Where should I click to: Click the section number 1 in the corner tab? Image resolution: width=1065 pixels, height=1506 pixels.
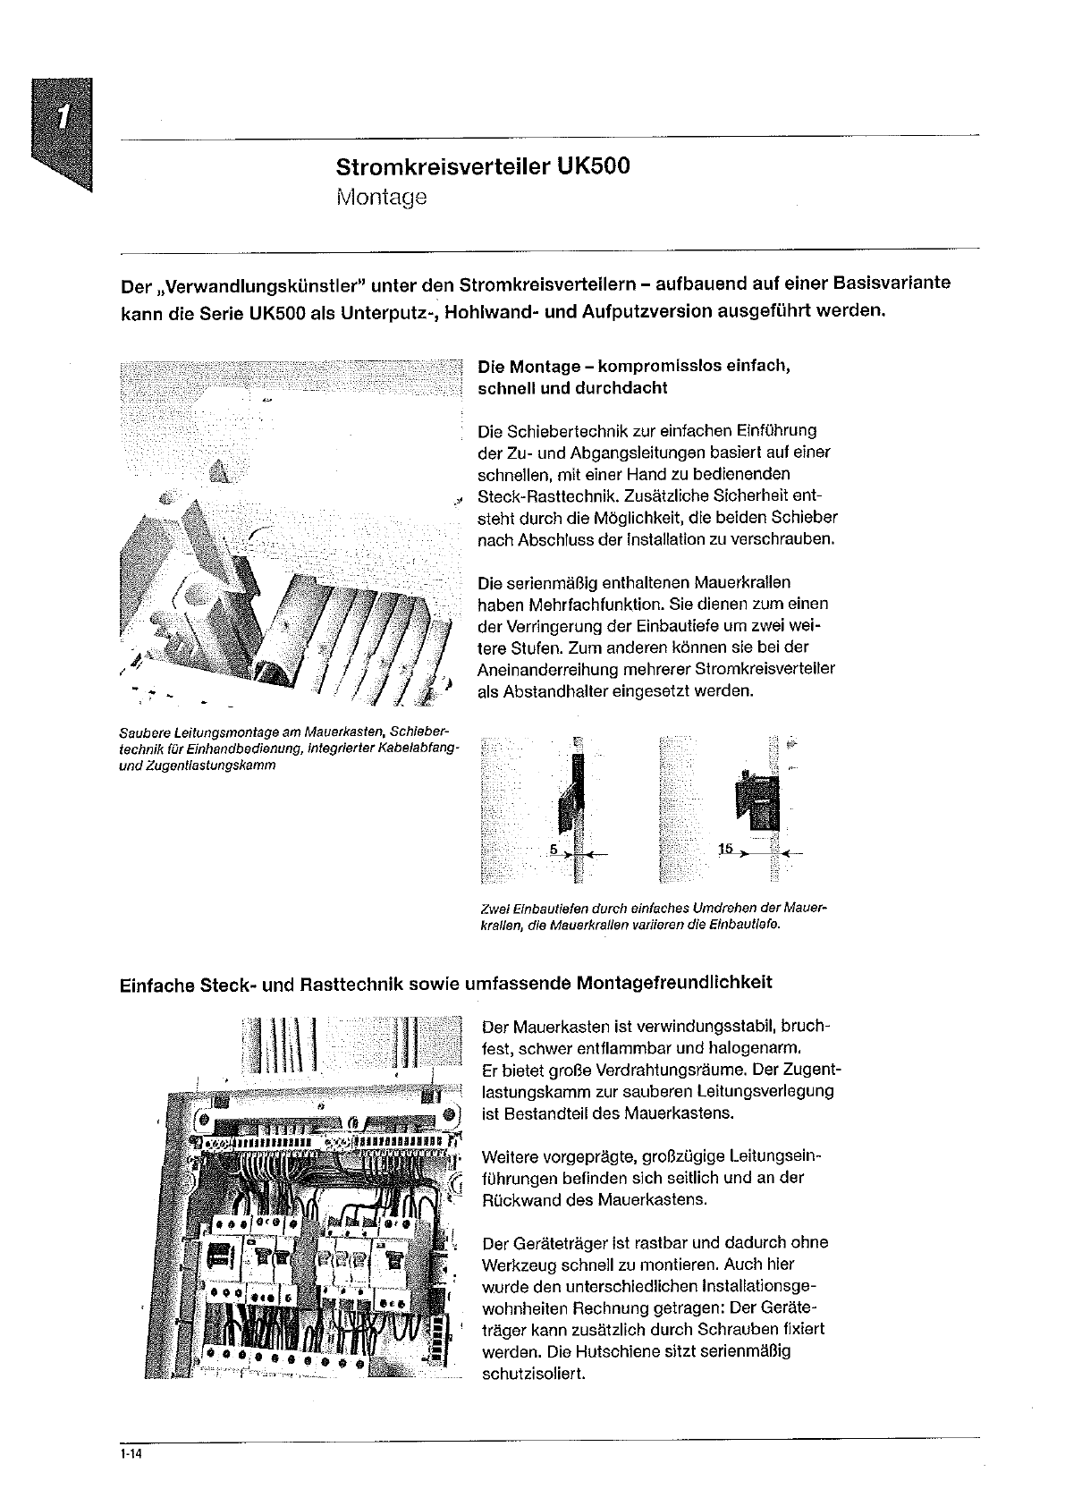[63, 119]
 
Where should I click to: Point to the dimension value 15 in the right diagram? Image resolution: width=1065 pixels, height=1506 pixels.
[725, 848]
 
